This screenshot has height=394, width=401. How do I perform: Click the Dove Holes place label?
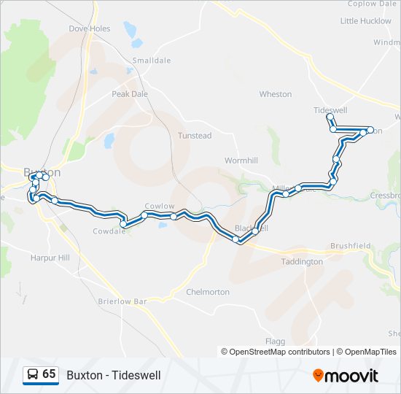89,29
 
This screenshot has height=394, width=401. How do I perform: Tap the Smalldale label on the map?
149,61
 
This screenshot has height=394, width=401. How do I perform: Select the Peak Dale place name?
130,94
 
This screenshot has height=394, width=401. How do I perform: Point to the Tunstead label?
195,136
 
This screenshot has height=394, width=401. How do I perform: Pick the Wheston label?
276,94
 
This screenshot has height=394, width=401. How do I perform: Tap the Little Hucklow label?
365,21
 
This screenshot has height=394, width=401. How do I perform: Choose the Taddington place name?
302,261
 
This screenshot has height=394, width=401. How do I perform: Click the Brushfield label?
351,247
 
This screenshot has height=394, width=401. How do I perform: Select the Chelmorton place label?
208,292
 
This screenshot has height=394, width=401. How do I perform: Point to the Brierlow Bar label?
122,301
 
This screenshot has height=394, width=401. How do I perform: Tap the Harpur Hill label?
50,258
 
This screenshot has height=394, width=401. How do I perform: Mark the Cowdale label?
109,231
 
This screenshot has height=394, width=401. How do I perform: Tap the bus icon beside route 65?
32,375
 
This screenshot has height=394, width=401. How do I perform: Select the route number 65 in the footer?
49,374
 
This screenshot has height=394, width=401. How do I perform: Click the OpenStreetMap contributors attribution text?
276,352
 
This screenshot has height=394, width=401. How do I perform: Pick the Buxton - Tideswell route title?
114,375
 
